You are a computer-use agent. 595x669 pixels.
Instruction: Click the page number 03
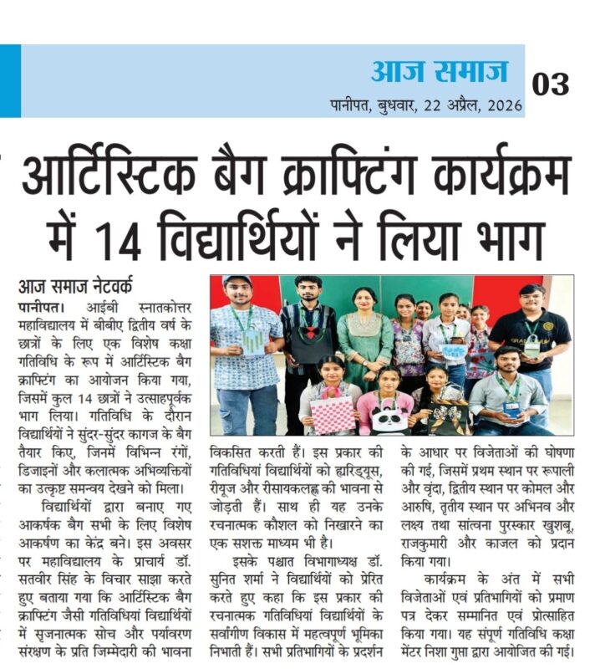[551, 84]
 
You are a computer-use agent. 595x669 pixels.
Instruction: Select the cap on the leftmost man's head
[237, 281]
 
